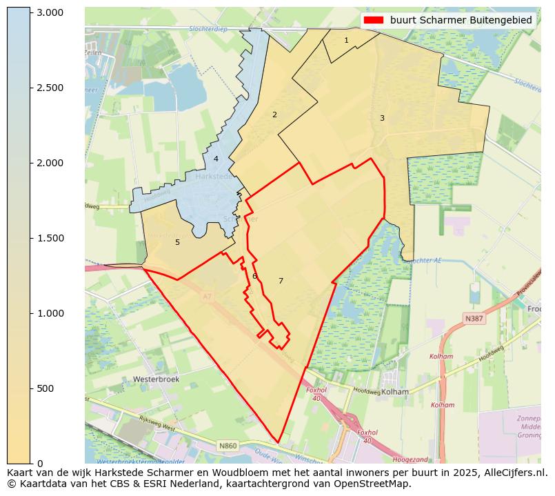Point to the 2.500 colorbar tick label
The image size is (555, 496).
[x=50, y=88]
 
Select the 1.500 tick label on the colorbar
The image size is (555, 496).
[x=50, y=238]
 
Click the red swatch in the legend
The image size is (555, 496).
[x=374, y=20]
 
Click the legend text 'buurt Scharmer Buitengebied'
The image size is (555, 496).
[x=461, y=20]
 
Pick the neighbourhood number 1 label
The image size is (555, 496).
[x=346, y=40]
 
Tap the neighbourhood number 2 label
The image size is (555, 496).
[x=274, y=115]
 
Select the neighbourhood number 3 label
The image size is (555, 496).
[x=382, y=118]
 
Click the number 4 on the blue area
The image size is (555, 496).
[x=216, y=159]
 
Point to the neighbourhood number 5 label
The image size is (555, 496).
[x=177, y=242]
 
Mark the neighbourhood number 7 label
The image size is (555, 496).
[x=281, y=281]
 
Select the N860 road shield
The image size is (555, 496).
[x=229, y=446]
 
